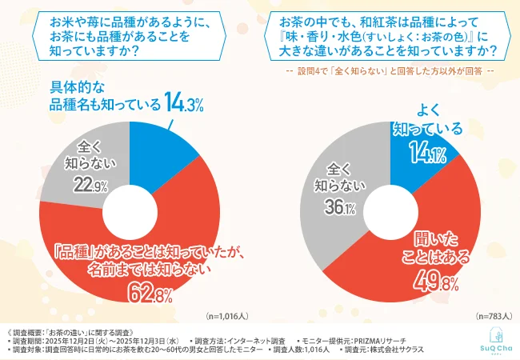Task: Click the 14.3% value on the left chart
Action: coord(185,102)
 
